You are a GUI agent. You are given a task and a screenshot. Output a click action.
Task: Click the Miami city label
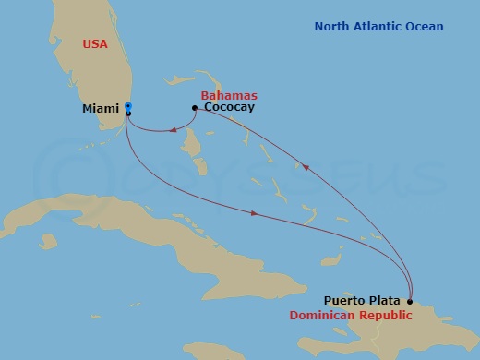[x=101, y=108]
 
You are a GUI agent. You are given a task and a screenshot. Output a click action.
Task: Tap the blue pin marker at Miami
[x=128, y=106]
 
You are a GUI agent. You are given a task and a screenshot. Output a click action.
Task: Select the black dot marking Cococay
[x=194, y=108]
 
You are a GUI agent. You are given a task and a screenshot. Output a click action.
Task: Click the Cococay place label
[x=229, y=108]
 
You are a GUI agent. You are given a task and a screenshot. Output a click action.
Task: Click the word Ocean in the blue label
[x=423, y=27]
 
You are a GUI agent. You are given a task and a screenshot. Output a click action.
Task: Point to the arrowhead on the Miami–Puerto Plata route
[x=254, y=215]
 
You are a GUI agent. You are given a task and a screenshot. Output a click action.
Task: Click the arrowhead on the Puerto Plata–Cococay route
[x=306, y=167]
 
